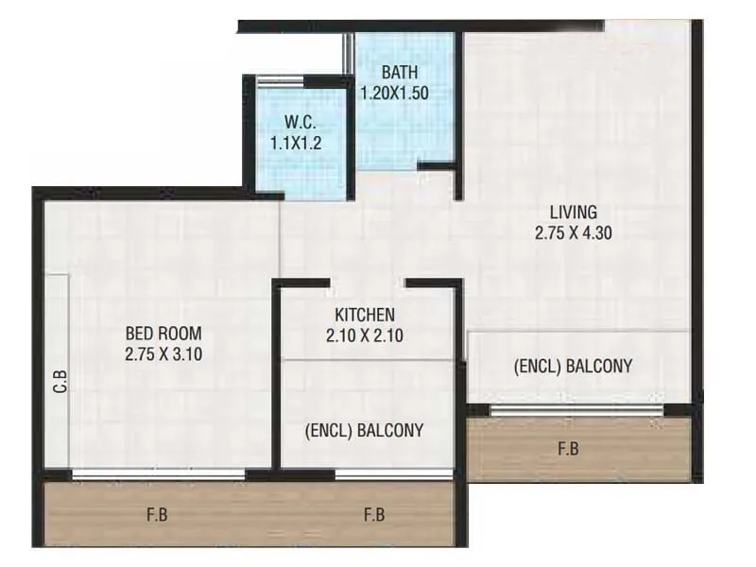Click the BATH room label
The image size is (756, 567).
(x=399, y=73)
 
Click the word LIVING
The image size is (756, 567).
(x=575, y=212)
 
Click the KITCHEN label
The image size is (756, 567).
(x=365, y=315)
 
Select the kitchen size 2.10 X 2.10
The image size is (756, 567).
(x=365, y=335)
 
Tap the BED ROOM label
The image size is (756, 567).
(x=163, y=334)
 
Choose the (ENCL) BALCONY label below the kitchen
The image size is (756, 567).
(x=365, y=430)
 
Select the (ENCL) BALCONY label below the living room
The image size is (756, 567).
(x=573, y=367)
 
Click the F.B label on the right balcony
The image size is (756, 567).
(x=568, y=450)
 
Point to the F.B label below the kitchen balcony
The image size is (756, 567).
(x=375, y=516)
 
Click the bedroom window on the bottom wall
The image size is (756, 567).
(x=158, y=475)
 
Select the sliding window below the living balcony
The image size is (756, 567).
(x=576, y=409)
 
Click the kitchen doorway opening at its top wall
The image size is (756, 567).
(x=368, y=282)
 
